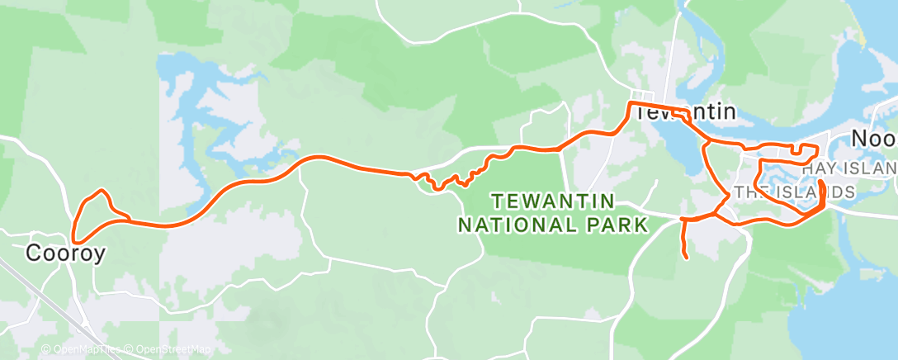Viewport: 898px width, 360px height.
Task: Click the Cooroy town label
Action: (x=66, y=253)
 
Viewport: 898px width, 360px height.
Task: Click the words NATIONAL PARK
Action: (x=553, y=224)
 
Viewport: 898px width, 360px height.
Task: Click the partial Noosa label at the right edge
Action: (x=874, y=139)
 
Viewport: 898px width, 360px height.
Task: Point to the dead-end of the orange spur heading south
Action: (x=687, y=258)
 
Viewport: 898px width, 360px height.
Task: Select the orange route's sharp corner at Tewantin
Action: (x=631, y=104)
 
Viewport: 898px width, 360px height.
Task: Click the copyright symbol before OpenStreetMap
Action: (x=130, y=349)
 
